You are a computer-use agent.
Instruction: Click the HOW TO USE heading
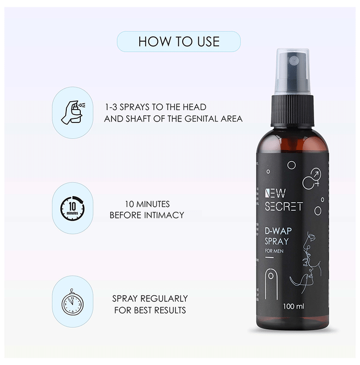179,41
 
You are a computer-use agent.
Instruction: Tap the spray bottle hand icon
73,112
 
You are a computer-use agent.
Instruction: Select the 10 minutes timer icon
73,208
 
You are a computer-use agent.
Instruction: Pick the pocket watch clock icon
73,302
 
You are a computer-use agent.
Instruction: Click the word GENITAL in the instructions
201,119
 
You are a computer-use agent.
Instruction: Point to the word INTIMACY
164,215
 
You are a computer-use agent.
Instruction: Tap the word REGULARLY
164,298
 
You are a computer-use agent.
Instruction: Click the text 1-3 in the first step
111,107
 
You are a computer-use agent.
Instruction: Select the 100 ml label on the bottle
293,307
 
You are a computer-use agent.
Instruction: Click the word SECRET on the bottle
284,206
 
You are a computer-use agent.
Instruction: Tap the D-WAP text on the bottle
278,231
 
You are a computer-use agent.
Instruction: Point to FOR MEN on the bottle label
274,251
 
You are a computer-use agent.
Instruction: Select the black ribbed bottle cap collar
292,111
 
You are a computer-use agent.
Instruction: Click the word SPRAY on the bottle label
277,241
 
